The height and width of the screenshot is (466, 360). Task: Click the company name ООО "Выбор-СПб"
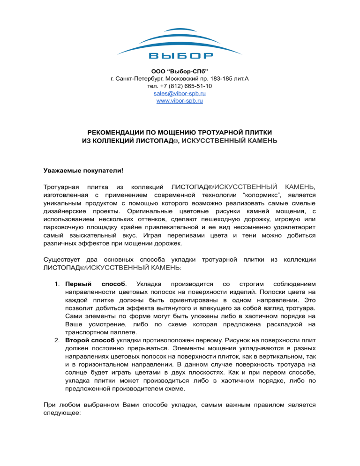point(180,71)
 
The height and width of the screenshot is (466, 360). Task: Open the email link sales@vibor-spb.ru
point(180,94)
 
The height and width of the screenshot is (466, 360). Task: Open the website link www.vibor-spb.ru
point(180,101)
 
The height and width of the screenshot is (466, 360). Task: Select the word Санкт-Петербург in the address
point(136,79)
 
